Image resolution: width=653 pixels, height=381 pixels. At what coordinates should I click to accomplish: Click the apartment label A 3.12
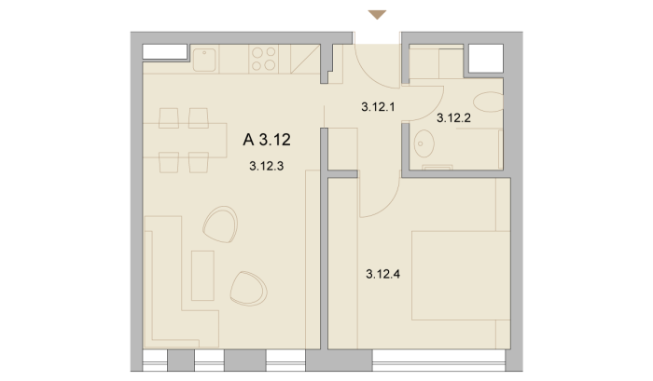[x=267, y=140]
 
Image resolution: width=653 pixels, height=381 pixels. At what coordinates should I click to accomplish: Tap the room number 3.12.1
[x=378, y=107]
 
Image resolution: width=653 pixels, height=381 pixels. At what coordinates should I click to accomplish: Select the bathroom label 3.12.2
[x=453, y=118]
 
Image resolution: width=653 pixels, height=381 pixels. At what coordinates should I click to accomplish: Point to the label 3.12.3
[x=267, y=167]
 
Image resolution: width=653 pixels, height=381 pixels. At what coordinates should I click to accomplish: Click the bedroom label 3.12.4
[x=383, y=274]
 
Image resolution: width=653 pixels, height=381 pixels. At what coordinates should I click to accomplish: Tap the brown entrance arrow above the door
[x=377, y=15]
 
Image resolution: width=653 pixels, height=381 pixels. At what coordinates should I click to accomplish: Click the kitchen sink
[x=204, y=60]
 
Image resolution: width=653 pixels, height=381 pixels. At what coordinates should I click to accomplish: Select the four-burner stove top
[x=264, y=59]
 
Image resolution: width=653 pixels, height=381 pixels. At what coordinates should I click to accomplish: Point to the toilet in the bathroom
[x=489, y=102]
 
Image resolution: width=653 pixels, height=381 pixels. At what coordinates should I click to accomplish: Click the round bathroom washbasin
[x=424, y=143]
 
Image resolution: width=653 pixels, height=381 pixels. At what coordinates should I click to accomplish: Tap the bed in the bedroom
[x=461, y=276]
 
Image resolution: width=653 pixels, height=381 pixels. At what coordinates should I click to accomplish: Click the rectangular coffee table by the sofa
[x=202, y=276]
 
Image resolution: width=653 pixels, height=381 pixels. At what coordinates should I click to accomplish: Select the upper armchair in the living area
[x=221, y=225]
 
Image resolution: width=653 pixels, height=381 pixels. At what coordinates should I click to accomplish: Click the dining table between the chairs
[x=185, y=140]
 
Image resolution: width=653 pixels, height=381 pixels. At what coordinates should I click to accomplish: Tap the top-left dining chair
[x=169, y=117]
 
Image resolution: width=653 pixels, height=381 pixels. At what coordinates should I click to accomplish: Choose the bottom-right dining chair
[x=199, y=162]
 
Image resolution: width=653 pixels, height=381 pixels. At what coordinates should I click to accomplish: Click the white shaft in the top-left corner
[x=165, y=52]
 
